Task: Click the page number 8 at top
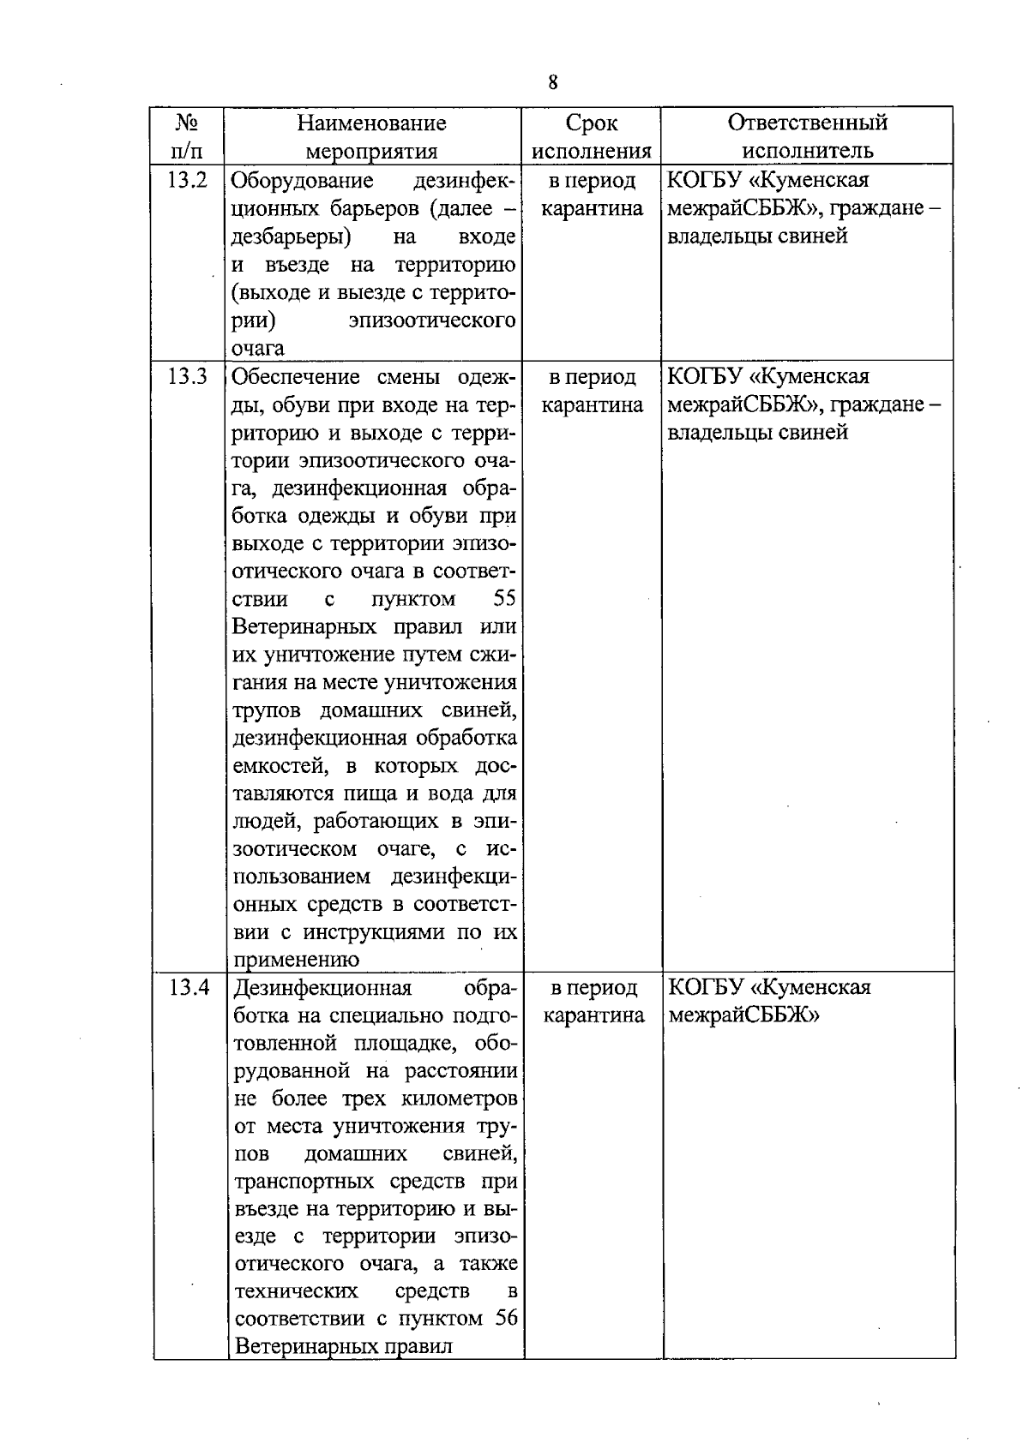(552, 82)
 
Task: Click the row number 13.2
(187, 181)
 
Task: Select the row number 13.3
(187, 377)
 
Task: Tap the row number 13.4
(189, 988)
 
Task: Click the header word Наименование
(371, 123)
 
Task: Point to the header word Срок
(592, 123)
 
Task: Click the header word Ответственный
(807, 123)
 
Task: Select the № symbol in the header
(187, 123)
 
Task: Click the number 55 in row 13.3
(505, 599)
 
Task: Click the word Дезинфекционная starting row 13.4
(322, 988)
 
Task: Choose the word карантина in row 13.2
(592, 209)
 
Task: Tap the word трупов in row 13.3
(268, 711)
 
